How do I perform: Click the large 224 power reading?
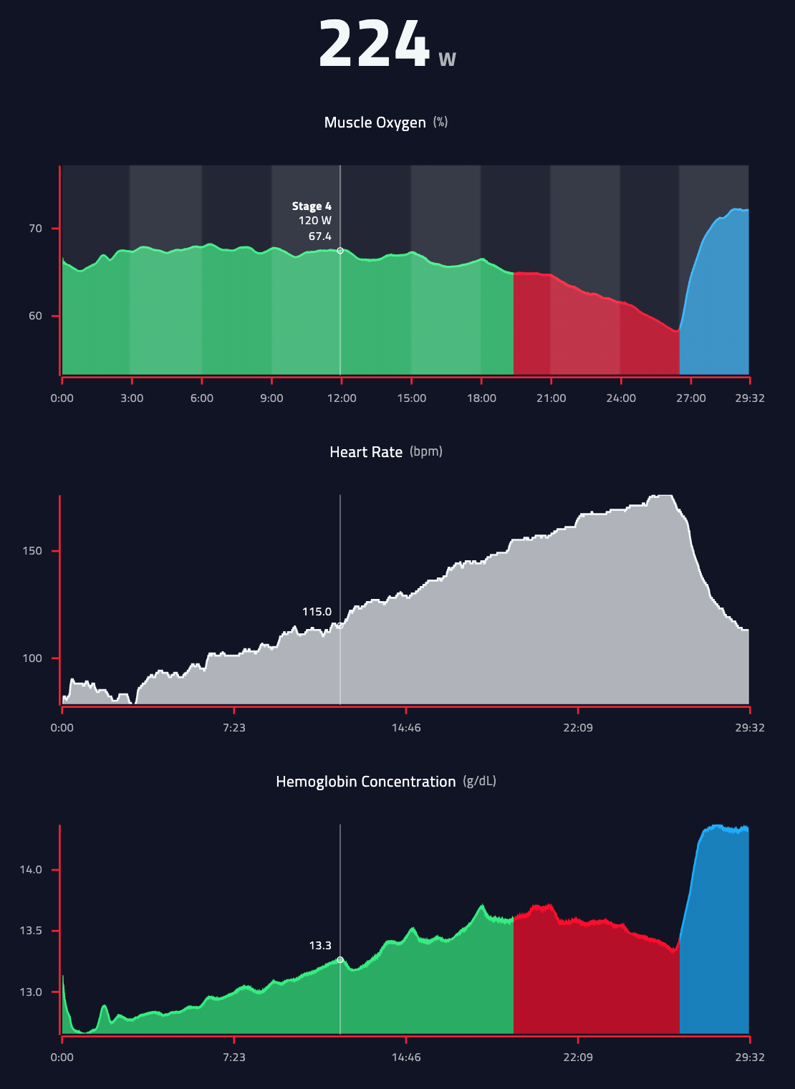(x=373, y=44)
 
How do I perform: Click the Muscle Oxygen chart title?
(x=375, y=123)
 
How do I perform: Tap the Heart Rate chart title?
(x=365, y=452)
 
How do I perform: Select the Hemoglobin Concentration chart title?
(x=365, y=782)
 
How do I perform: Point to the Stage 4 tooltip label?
(x=312, y=206)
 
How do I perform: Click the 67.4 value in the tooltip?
(x=319, y=236)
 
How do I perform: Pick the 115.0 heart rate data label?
(x=317, y=612)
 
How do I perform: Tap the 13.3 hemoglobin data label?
(x=320, y=946)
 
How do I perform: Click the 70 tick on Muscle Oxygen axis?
(x=35, y=229)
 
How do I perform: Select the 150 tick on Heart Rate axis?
(x=32, y=551)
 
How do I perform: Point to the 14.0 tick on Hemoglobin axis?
(x=31, y=870)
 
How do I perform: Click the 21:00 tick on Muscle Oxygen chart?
(x=551, y=398)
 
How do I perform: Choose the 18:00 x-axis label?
(x=481, y=398)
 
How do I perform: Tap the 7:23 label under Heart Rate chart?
(x=234, y=728)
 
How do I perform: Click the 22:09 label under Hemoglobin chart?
(x=578, y=1057)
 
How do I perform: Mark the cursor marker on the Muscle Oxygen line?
(x=340, y=251)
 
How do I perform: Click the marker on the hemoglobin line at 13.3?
(x=340, y=959)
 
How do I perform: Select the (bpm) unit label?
(x=426, y=451)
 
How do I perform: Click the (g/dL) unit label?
(x=480, y=781)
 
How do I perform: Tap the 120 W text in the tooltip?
(x=315, y=221)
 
